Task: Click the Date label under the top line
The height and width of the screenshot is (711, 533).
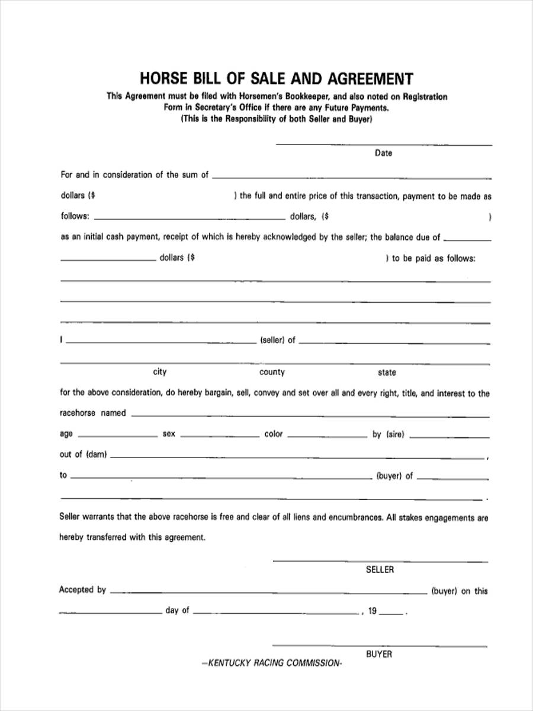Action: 383,153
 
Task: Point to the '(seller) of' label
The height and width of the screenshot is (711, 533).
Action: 277,340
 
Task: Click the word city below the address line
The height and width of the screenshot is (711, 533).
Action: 160,372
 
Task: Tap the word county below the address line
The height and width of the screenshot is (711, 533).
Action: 272,372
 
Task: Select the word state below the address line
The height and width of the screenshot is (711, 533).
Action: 387,372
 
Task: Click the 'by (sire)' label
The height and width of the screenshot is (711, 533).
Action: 388,434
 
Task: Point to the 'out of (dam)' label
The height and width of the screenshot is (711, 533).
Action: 83,454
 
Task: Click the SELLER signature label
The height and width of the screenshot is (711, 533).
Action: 380,569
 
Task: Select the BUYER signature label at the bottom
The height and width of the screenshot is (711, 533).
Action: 379,654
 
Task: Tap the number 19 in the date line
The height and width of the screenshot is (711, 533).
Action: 372,611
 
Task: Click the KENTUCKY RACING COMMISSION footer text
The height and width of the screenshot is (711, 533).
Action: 272,663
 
